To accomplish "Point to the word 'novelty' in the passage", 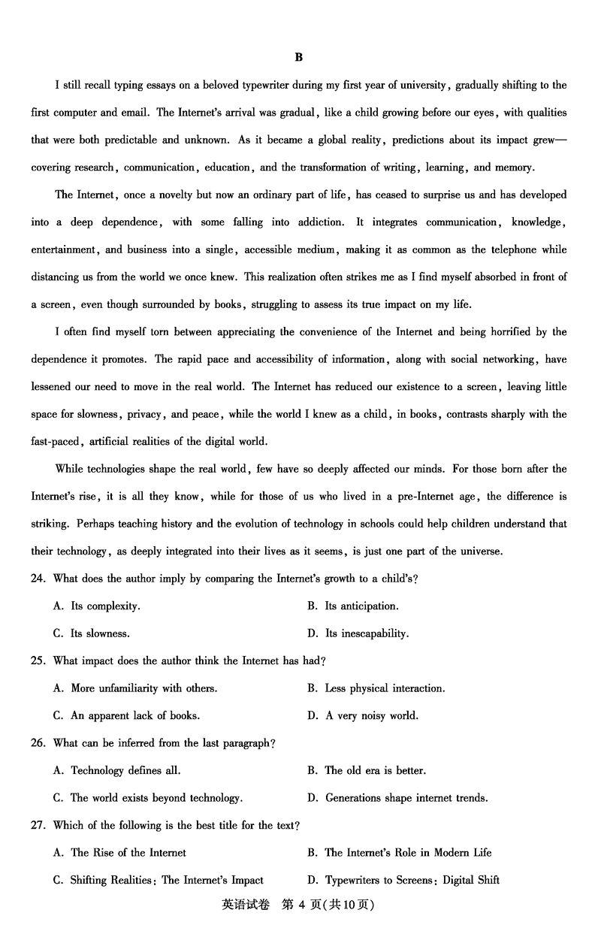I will [170, 195].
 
